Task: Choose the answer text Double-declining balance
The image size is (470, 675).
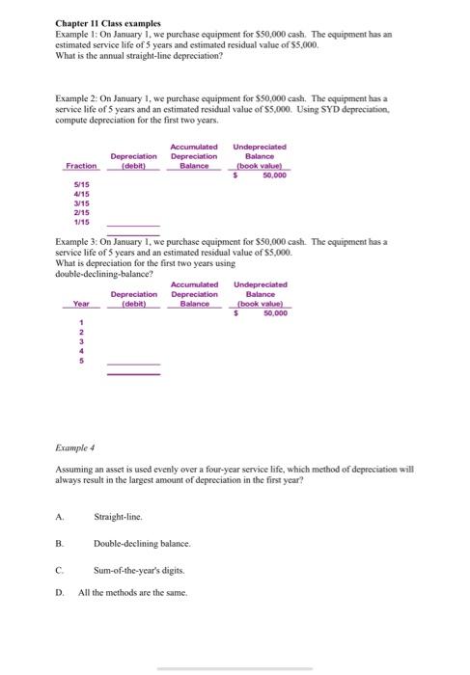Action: [x=142, y=544]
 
